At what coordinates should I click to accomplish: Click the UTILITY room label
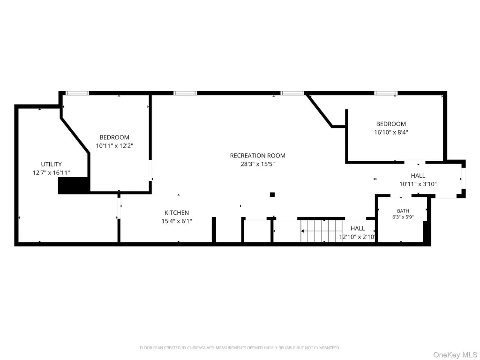point(52,165)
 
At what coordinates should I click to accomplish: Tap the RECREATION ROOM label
point(258,156)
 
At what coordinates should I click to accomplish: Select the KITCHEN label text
point(177,213)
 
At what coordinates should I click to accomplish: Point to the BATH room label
point(403,211)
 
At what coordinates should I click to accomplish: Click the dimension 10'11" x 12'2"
point(114,146)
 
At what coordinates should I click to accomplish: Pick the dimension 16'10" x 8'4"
point(391,133)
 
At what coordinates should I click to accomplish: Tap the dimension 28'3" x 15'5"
point(258,164)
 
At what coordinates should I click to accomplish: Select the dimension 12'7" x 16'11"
point(52,173)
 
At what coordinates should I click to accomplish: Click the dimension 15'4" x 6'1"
point(177,221)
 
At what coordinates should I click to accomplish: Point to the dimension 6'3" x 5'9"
point(403,217)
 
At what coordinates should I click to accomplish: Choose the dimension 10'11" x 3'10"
point(418,184)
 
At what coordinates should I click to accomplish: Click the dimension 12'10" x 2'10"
point(357,237)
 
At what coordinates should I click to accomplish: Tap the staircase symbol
point(321,231)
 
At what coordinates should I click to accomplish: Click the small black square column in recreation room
point(272,195)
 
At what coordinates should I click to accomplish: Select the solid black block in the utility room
point(74,185)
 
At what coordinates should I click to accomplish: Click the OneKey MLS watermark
point(455,355)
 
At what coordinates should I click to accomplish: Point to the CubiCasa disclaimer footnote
point(240,348)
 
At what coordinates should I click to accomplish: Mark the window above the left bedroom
point(77,93)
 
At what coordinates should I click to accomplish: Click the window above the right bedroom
point(386,93)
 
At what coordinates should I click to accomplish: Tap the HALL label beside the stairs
point(358,228)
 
